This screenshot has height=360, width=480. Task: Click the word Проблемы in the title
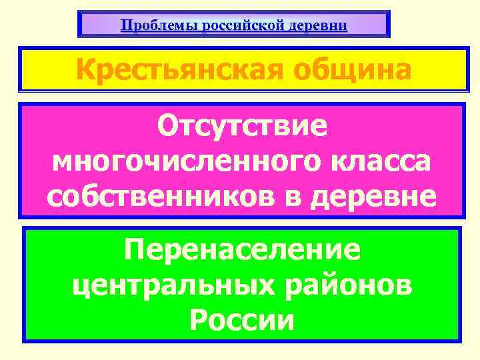click(x=150, y=26)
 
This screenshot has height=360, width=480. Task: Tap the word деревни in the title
click(x=317, y=26)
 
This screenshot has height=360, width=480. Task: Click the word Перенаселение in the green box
click(x=242, y=251)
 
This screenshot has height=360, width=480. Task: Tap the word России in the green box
click(x=241, y=320)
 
